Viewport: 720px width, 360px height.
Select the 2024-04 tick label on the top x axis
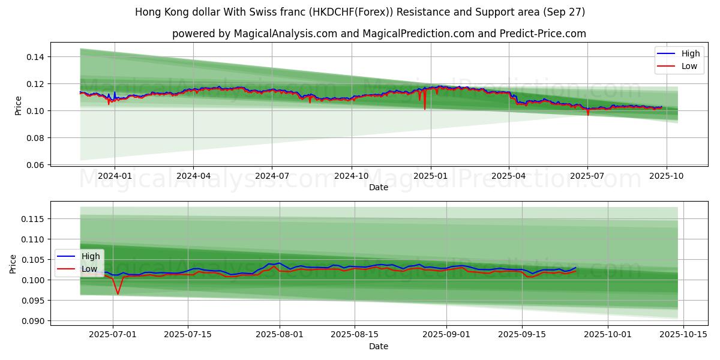[x=193, y=176]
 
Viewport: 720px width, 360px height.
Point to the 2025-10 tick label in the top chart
[x=667, y=176]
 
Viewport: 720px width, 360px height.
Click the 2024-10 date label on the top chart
[x=351, y=176]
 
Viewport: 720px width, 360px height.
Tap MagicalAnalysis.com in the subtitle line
[x=279, y=34]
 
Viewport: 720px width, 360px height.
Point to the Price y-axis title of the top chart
[x=19, y=106]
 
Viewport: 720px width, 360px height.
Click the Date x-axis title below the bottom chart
[x=378, y=346]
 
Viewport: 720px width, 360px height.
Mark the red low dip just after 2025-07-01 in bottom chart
[x=118, y=294]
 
